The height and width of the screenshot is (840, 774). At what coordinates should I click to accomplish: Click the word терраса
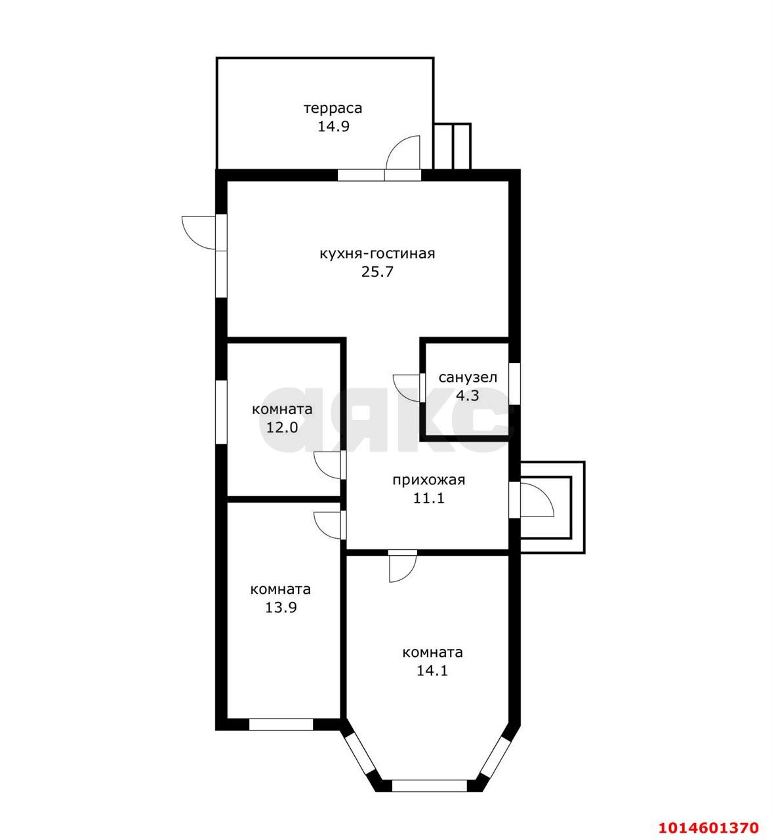[x=333, y=108]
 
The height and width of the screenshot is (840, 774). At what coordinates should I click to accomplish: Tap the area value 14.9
[x=333, y=127]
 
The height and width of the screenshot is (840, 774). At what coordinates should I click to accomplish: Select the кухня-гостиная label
[x=377, y=254]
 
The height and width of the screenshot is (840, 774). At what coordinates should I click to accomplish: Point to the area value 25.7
[x=377, y=272]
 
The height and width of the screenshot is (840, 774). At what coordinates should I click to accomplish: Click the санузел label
[x=468, y=377]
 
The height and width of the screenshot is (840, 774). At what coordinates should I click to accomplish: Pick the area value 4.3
[x=468, y=396]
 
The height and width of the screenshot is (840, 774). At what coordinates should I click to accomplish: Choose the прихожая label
[x=428, y=480]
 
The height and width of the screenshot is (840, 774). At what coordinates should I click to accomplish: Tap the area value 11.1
[x=428, y=498]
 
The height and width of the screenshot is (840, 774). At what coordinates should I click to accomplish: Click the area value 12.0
[x=281, y=427]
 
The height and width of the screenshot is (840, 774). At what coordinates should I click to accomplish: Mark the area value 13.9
[x=281, y=608]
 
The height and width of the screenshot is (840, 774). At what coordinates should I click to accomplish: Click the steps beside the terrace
[x=453, y=146]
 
